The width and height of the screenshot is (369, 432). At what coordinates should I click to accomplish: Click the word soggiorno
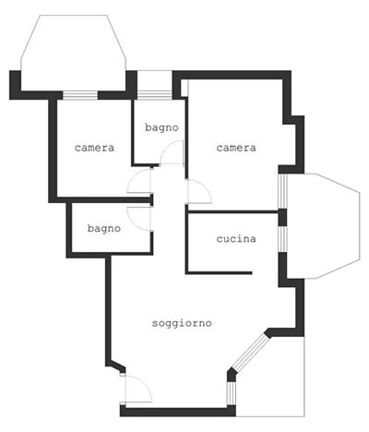(x=182, y=324)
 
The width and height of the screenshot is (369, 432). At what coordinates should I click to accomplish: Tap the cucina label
(x=236, y=239)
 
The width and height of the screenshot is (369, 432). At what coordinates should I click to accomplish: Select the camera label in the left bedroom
(x=94, y=148)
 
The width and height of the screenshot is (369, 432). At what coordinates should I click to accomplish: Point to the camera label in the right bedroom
(x=236, y=148)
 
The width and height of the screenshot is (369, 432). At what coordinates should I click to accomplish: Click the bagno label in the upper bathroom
(x=161, y=127)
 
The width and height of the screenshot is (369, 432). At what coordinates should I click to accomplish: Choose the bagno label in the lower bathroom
(x=104, y=229)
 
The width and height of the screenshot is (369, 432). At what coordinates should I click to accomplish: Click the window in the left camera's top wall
(x=80, y=95)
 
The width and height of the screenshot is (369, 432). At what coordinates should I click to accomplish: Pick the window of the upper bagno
(x=155, y=95)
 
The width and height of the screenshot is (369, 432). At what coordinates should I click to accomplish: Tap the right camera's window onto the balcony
(x=282, y=191)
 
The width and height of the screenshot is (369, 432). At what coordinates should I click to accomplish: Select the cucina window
(x=282, y=239)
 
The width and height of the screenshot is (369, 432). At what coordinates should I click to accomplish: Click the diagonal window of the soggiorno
(x=250, y=352)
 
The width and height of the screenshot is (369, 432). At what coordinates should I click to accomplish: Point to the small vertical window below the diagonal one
(x=232, y=393)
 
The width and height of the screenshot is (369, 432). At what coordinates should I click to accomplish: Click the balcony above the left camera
(x=73, y=53)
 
